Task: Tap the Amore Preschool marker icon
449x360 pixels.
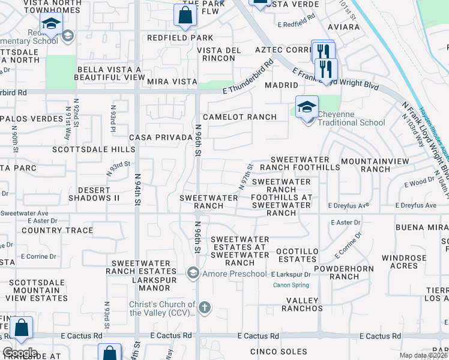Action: (x=193, y=274)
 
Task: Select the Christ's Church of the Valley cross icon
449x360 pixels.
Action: (x=204, y=308)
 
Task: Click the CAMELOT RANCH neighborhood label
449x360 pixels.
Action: (x=240, y=117)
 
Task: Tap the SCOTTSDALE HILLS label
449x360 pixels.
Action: (x=85, y=149)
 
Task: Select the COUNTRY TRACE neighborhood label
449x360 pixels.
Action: (x=58, y=230)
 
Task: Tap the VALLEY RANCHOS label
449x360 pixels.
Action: (x=304, y=304)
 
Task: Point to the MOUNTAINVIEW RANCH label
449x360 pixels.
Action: (x=375, y=165)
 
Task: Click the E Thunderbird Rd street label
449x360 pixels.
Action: (x=247, y=76)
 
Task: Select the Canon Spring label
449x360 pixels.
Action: (x=291, y=285)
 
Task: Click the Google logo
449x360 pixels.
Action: (x=20, y=353)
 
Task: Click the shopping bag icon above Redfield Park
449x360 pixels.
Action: (x=185, y=16)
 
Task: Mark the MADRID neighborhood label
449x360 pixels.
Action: (x=282, y=86)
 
